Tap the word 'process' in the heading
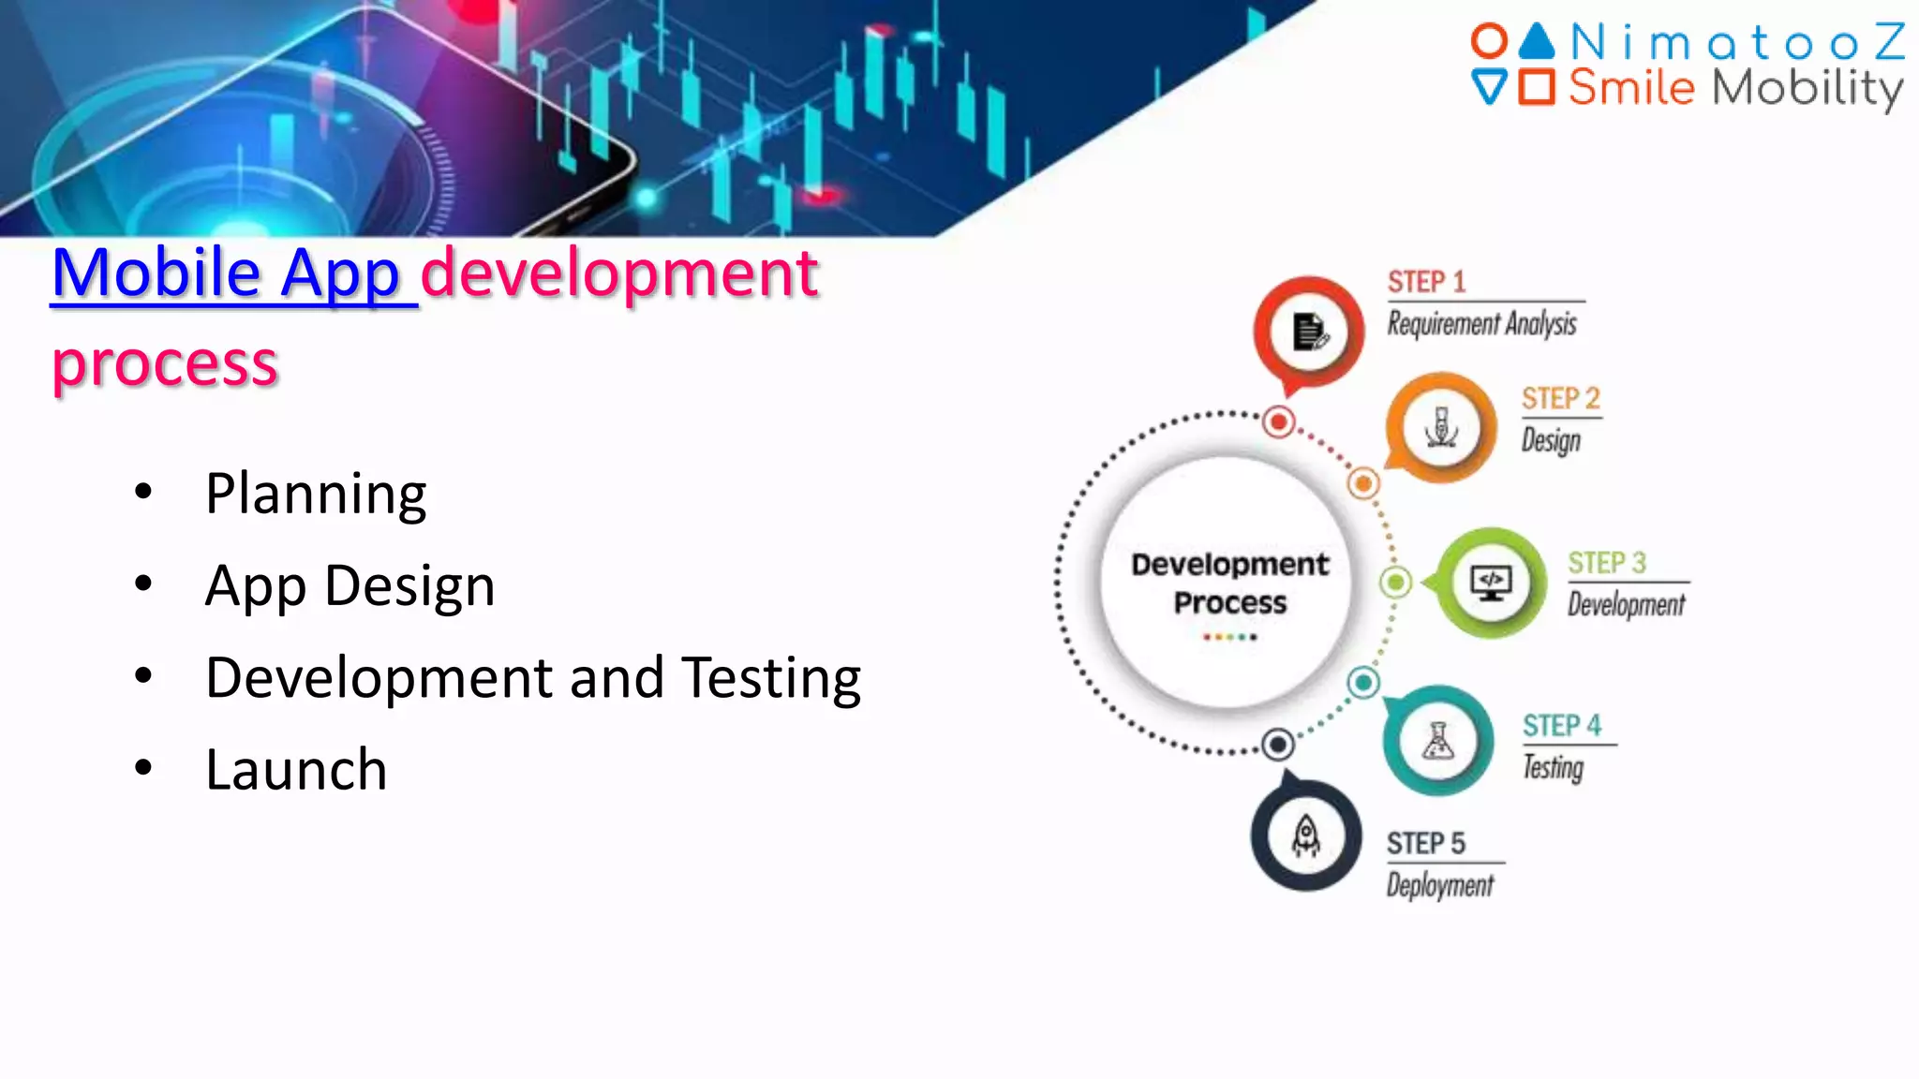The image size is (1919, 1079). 165,363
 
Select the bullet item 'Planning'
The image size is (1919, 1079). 316,494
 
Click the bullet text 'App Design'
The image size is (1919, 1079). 350,586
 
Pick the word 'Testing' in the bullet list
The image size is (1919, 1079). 770,678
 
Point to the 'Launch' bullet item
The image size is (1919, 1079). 296,770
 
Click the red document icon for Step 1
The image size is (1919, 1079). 1309,331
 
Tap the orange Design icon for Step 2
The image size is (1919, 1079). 1441,427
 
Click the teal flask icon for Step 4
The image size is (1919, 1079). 1438,741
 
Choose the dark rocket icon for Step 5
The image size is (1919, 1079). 1306,835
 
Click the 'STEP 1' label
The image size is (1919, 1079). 1426,282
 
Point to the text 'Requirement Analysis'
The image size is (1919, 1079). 1481,324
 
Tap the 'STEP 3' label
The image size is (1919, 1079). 1606,563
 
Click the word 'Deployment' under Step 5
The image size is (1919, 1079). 1440,885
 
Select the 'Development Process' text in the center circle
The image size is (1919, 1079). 1229,583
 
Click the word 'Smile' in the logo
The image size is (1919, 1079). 1631,88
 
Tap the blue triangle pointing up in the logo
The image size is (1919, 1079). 1537,41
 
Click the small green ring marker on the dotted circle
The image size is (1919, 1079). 1395,583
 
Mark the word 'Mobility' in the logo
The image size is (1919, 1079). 1807,88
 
